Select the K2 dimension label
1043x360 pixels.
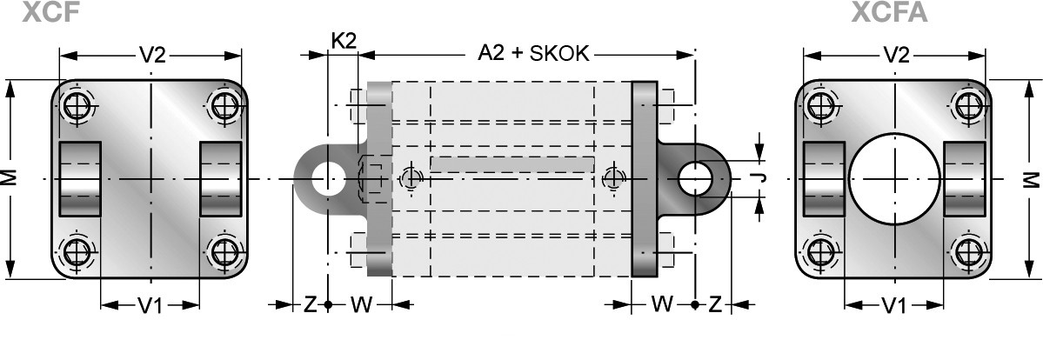tap(344, 40)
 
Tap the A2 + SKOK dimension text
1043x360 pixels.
tap(534, 53)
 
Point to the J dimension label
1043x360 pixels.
tap(762, 178)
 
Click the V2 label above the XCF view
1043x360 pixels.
tap(152, 55)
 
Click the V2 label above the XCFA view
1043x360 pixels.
tap(896, 55)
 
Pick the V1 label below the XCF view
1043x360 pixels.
tap(150, 305)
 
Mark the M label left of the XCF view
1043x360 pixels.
tap(10, 177)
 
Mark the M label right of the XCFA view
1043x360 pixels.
tap(1032, 178)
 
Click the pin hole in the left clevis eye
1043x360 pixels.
tap(327, 177)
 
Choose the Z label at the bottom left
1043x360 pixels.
tap(310, 304)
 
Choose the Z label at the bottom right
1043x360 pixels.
tap(714, 304)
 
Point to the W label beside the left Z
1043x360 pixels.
tap(360, 304)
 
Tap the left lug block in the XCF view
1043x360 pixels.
tap(80, 178)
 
